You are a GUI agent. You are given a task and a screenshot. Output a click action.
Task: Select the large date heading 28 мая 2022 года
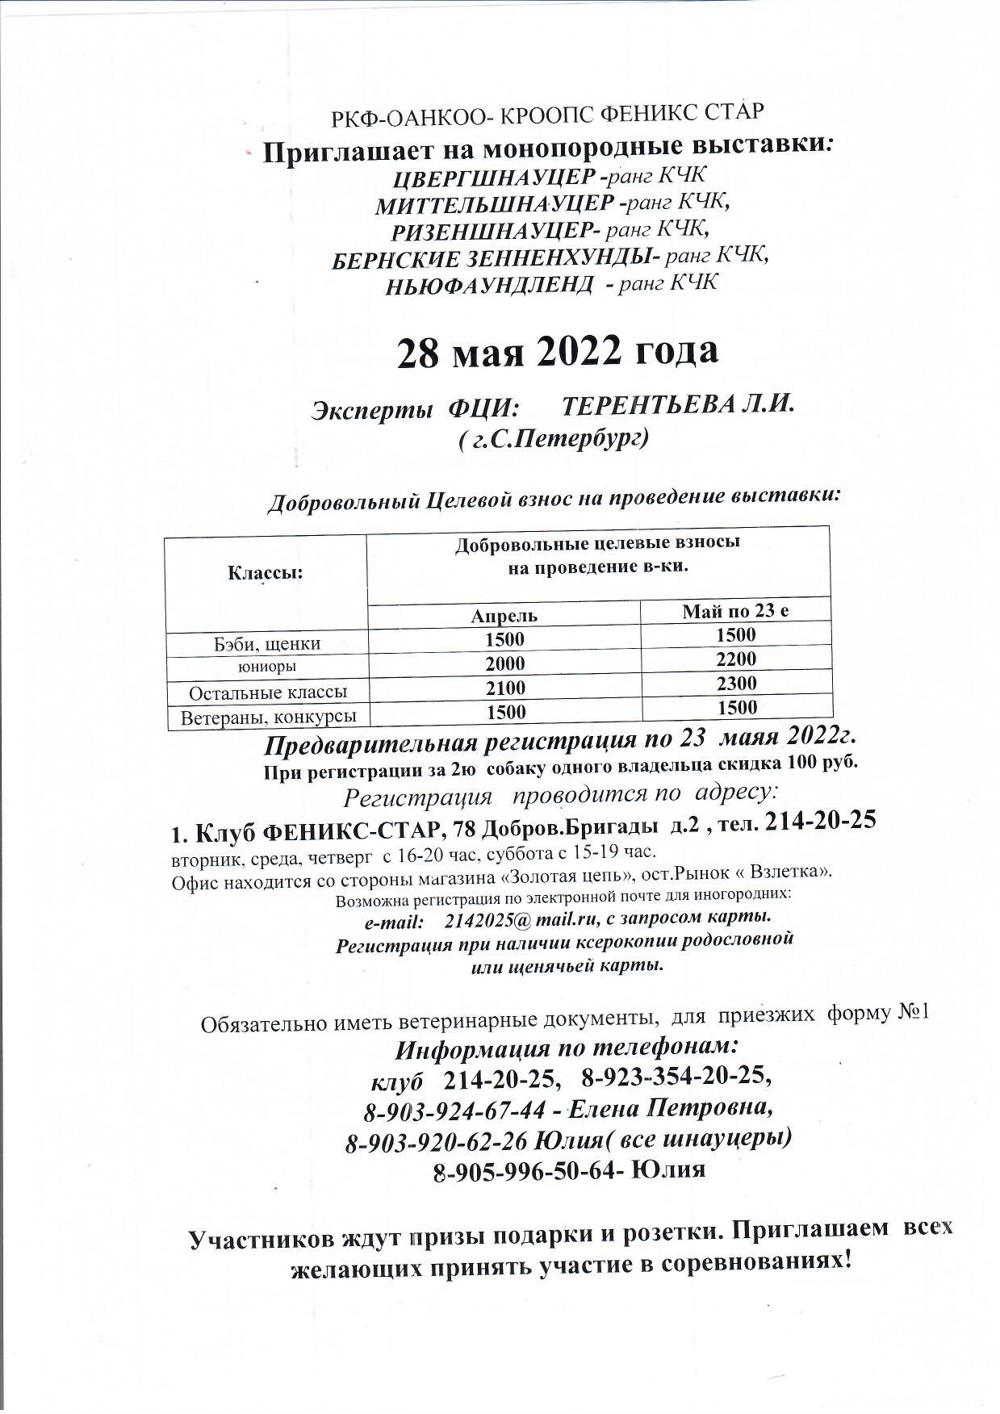[x=556, y=352]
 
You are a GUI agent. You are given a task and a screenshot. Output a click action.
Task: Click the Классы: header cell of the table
[x=266, y=574]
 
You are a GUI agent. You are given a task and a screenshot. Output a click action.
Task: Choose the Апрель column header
[x=504, y=616]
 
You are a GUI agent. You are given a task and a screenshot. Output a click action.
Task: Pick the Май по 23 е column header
[x=735, y=611]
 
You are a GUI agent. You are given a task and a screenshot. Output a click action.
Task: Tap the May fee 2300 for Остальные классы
[x=736, y=684]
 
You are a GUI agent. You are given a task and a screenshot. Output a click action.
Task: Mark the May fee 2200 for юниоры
[x=736, y=659]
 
